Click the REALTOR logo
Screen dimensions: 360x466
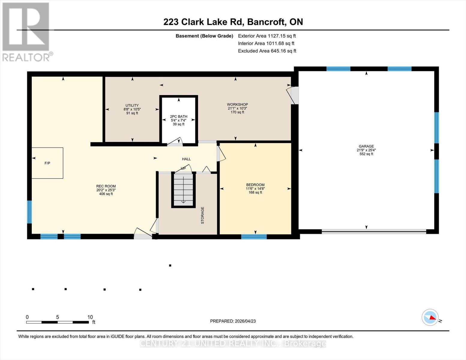pyautogui.click(x=26, y=31)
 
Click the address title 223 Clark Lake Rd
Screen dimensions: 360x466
pyautogui.click(x=233, y=22)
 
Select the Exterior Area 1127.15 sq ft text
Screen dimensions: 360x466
pyautogui.click(x=267, y=36)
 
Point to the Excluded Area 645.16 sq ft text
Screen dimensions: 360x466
pyautogui.click(x=267, y=51)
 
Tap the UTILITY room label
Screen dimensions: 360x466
pyautogui.click(x=132, y=106)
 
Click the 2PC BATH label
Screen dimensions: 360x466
pyautogui.click(x=179, y=117)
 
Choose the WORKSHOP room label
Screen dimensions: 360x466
pyautogui.click(x=237, y=105)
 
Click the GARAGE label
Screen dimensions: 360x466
pyautogui.click(x=366, y=146)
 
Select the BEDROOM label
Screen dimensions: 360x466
pyautogui.click(x=255, y=185)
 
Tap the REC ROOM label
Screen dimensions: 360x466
pyautogui.click(x=106, y=186)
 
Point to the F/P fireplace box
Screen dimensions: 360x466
pyautogui.click(x=47, y=163)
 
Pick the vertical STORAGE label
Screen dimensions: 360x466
pyautogui.click(x=203, y=215)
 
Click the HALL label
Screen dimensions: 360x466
pyautogui.click(x=186, y=159)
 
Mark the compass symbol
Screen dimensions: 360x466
pyautogui.click(x=430, y=317)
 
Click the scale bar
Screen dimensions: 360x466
pyautogui.click(x=57, y=322)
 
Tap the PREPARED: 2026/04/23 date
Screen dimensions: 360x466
pyautogui.click(x=233, y=321)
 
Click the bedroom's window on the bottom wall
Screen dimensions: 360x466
pyautogui.click(x=254, y=237)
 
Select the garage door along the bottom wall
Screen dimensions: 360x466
pyautogui.click(x=374, y=231)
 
